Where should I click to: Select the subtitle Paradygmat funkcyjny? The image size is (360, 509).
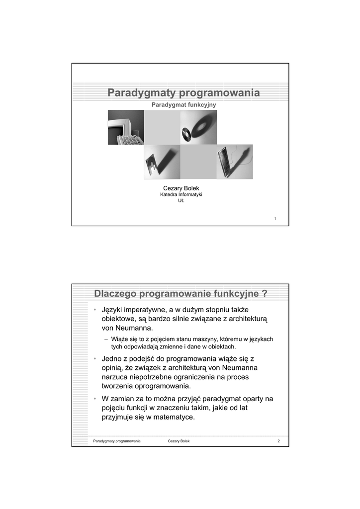[x=184, y=105]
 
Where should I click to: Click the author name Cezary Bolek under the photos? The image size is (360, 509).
[x=181, y=188]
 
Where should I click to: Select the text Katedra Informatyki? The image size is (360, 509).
[x=181, y=195]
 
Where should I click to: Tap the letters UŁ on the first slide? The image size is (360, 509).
[x=181, y=201]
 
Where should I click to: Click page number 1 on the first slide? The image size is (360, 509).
[x=275, y=219]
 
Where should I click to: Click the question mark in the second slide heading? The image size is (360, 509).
[x=264, y=294]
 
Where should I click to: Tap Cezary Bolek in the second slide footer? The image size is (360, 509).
[x=179, y=441]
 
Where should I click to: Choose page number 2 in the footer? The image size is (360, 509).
[x=279, y=441]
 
